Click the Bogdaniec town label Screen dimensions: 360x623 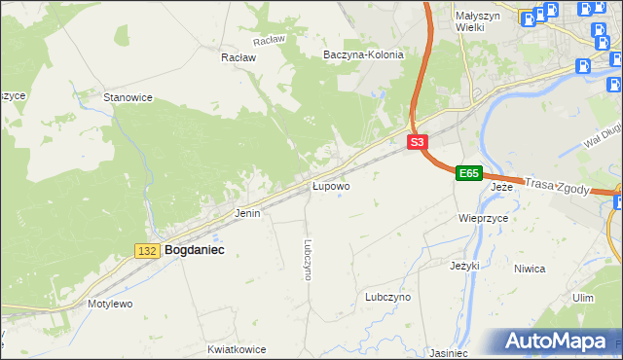[x=195, y=250]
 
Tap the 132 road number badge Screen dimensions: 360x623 [x=147, y=251]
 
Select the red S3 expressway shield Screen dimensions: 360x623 [x=417, y=142]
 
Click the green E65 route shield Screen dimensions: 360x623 [x=468, y=173]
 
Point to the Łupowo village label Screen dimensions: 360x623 [x=331, y=185]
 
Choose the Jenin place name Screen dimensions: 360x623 [x=247, y=212]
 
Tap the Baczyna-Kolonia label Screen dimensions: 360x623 [x=363, y=55]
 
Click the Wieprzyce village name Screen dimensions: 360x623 [x=484, y=219]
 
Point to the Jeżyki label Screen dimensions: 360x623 [x=465, y=265]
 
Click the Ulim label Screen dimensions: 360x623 [x=583, y=298]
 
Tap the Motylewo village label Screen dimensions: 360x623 [x=110, y=304]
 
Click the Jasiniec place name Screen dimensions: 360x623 [x=449, y=353]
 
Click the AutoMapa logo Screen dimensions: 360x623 [x=557, y=342]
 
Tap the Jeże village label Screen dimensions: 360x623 [x=501, y=186]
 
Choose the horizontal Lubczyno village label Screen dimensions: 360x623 [x=387, y=297]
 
